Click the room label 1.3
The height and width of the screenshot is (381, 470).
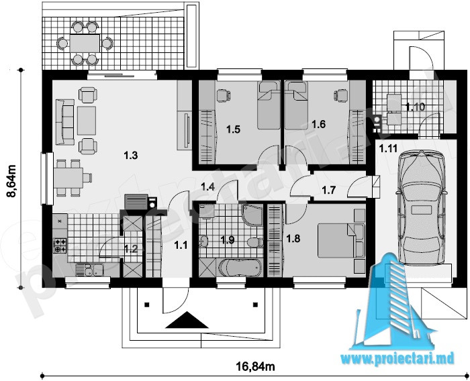point(130,156)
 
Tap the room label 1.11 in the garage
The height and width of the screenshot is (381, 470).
point(388,148)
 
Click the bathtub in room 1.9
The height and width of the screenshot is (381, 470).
point(240,268)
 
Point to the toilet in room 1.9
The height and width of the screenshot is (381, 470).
point(254,242)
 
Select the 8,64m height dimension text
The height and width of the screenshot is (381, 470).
point(11,182)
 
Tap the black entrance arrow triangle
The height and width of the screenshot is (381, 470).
point(187,320)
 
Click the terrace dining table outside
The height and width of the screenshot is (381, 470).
point(85,43)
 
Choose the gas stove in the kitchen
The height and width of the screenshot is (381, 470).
point(60,246)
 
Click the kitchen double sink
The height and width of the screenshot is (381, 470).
point(89,270)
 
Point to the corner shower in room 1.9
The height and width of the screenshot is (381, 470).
point(251,215)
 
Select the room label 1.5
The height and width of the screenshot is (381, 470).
point(233,129)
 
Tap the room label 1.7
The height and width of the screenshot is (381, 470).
point(328,190)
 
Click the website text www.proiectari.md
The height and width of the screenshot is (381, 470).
point(397,358)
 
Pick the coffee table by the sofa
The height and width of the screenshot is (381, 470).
point(87,121)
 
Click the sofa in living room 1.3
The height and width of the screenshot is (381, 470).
point(64,122)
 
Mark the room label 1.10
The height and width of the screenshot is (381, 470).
point(415,107)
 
